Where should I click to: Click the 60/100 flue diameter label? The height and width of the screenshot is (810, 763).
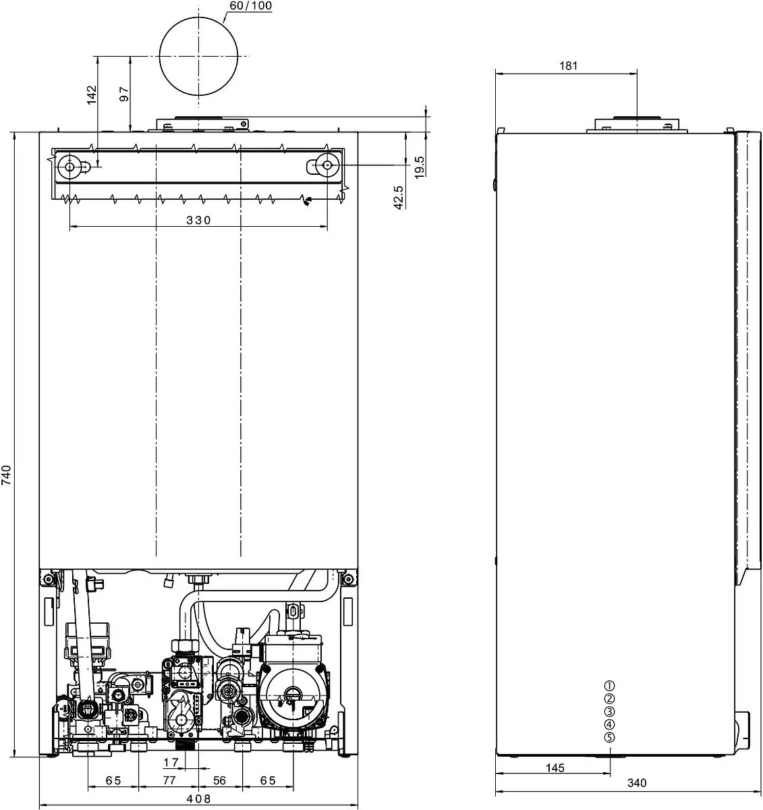pos(250,5)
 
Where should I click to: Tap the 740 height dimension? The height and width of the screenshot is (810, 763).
pos(7,475)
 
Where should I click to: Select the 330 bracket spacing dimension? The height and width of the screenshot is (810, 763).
pos(198,220)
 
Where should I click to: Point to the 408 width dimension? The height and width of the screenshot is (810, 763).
pos(198,798)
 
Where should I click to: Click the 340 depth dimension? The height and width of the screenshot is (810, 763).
pos(637,783)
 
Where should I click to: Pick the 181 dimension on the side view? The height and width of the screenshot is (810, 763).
pos(568,65)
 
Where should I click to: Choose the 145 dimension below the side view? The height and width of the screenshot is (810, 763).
pos(555,768)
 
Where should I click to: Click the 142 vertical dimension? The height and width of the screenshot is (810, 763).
pos(92,94)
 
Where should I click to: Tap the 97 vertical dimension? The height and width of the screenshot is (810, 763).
pos(124,94)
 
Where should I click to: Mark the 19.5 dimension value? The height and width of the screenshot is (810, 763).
pos(420,167)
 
